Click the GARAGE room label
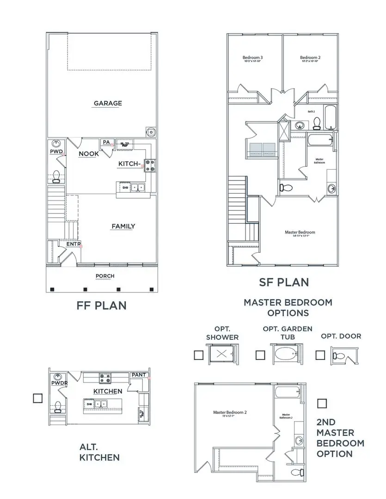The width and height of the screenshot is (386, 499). pos(108,103)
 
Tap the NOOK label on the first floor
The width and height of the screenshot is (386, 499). pos(88,154)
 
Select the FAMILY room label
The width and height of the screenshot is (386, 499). pos(123,226)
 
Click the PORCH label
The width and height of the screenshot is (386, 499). pos(105,276)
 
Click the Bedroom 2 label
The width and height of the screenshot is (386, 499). pos(310,58)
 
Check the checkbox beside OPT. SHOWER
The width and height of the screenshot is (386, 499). pos(199,355)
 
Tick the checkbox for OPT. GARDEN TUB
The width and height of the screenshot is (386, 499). pos(260,355)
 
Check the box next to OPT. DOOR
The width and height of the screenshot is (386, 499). pos(320,355)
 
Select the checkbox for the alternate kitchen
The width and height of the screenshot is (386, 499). pos(38,398)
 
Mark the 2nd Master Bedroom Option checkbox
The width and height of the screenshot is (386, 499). pos(322,403)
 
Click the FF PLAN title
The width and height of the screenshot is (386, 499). pos(101,306)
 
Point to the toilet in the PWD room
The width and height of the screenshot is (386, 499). pos(56,176)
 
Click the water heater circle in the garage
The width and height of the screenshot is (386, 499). pos(151,132)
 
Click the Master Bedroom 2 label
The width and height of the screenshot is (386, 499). pos(230,413)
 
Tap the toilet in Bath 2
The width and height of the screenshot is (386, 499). pos(317,122)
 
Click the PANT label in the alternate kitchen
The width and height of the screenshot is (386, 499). pos(139,375)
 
